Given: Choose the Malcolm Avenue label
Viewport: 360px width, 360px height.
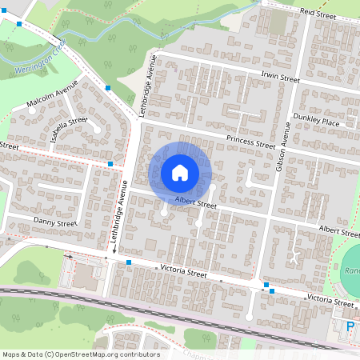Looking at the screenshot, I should [52, 95].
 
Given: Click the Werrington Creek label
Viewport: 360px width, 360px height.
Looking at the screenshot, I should [38, 61].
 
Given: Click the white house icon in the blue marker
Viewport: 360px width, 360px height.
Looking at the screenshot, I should [180, 172].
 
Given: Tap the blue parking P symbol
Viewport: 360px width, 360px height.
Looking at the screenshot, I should [350, 326].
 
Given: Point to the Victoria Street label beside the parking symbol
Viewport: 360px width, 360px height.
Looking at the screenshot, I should [333, 302].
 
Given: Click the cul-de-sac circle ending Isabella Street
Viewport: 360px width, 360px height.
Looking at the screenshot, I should [96, 127].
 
